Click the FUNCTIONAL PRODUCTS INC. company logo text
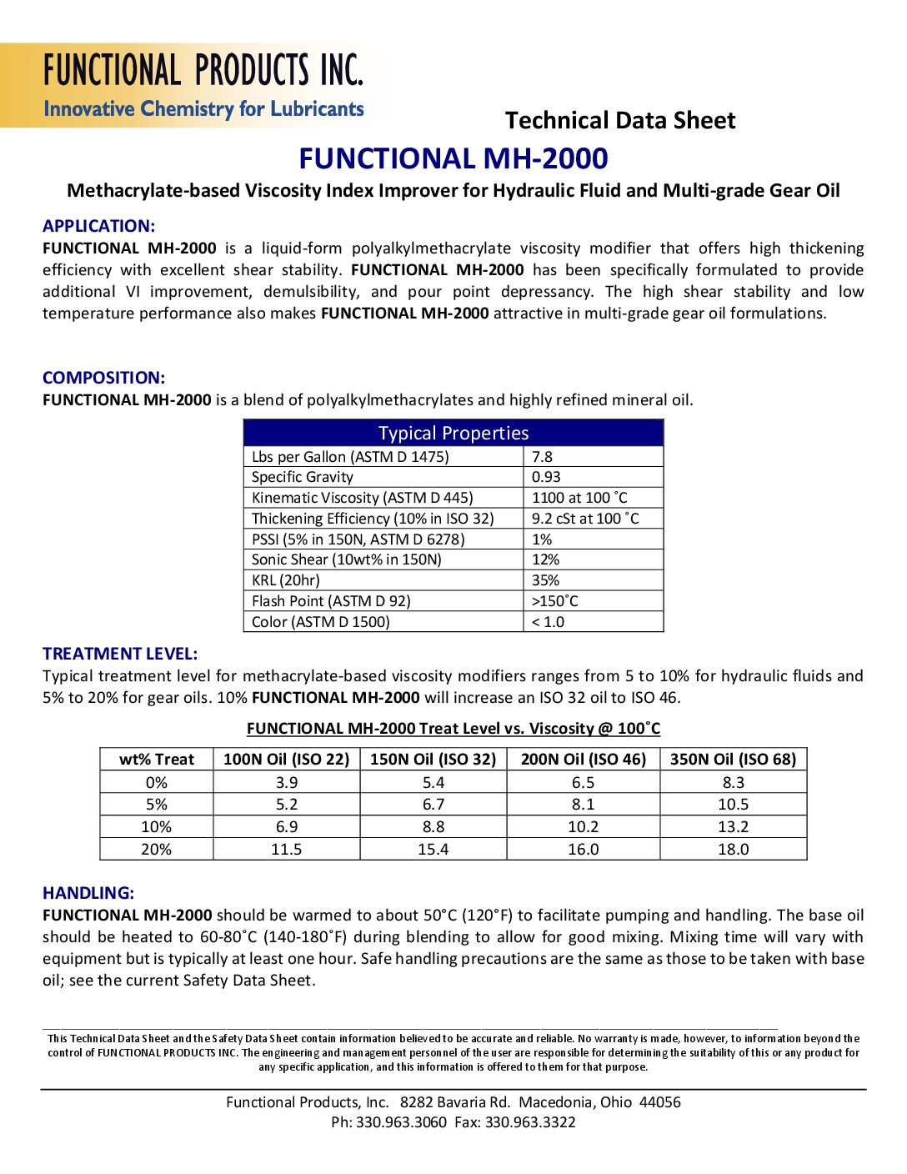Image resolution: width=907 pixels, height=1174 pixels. tap(203, 70)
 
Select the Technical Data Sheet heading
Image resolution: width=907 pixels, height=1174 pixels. tap(620, 120)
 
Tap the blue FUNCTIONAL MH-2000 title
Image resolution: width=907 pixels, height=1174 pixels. tap(453, 158)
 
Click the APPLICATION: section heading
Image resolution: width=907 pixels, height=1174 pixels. tap(98, 226)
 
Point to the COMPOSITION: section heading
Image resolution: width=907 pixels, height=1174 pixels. tap(103, 378)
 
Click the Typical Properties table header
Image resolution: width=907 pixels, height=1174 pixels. tap(453, 433)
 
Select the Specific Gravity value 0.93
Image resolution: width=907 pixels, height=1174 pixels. tap(546, 477)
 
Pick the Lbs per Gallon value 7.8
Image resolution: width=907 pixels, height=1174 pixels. tap(542, 457)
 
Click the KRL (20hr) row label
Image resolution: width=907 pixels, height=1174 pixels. tap(286, 580)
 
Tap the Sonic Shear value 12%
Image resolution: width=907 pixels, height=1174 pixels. tap(545, 559)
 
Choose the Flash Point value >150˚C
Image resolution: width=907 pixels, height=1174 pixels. tap(554, 601)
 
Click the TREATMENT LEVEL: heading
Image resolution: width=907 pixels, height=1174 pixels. tap(120, 654)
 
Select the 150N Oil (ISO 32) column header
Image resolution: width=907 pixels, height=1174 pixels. tap(433, 760)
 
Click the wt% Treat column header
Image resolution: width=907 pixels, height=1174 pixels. tap(157, 760)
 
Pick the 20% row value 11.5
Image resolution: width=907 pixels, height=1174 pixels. tap(287, 849)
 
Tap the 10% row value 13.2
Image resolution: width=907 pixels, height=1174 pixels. tap(734, 826)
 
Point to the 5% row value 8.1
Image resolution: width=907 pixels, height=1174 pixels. tap(584, 804)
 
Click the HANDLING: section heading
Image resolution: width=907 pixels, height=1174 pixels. tap(88, 893)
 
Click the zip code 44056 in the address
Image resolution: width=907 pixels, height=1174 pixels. tap(659, 1102)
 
